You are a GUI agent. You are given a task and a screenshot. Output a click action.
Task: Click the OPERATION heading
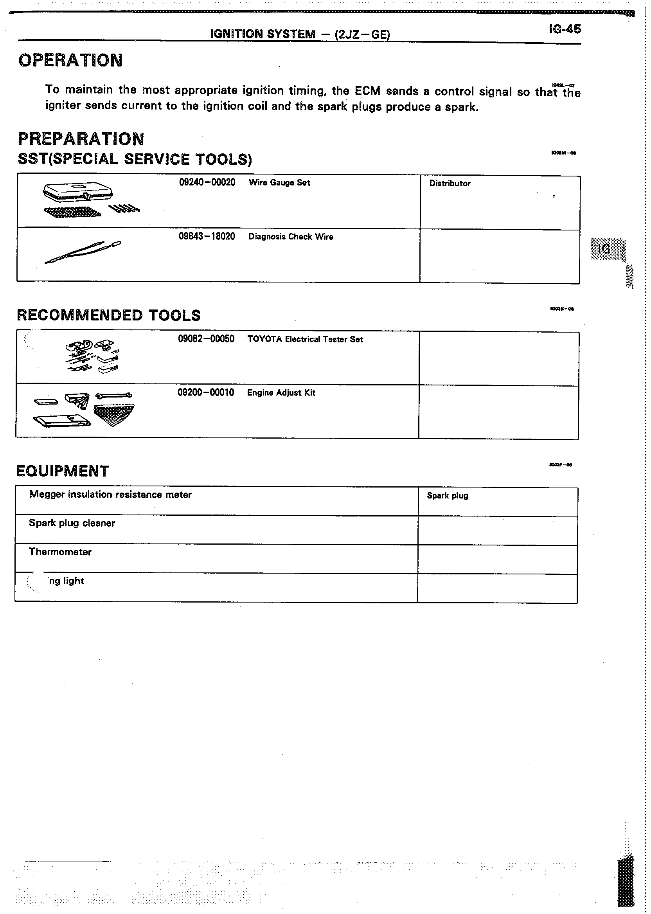70,61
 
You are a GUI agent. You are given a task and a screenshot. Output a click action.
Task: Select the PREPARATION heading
81,139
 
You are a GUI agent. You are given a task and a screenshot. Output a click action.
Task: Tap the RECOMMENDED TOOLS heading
109,315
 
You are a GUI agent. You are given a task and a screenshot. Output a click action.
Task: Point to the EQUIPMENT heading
63,471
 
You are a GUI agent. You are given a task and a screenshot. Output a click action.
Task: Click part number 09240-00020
207,182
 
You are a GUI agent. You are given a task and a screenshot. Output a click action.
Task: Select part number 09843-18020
207,236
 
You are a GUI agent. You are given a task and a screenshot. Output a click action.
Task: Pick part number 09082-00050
206,339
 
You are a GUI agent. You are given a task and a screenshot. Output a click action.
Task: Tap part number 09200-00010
206,392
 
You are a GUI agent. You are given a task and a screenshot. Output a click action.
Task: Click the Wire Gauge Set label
279,183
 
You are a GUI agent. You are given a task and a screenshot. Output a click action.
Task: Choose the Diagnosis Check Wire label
291,237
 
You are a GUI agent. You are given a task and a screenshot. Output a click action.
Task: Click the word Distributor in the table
450,184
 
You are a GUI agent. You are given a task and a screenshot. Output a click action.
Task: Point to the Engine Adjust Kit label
281,393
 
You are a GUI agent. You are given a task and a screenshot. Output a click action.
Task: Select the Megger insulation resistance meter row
110,495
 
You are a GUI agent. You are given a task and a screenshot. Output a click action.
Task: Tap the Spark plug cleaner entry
72,523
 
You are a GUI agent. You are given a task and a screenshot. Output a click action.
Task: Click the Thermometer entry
60,552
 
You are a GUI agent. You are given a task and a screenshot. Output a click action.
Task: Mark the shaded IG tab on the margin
608,249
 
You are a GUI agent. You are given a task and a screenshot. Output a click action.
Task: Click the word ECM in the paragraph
368,91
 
